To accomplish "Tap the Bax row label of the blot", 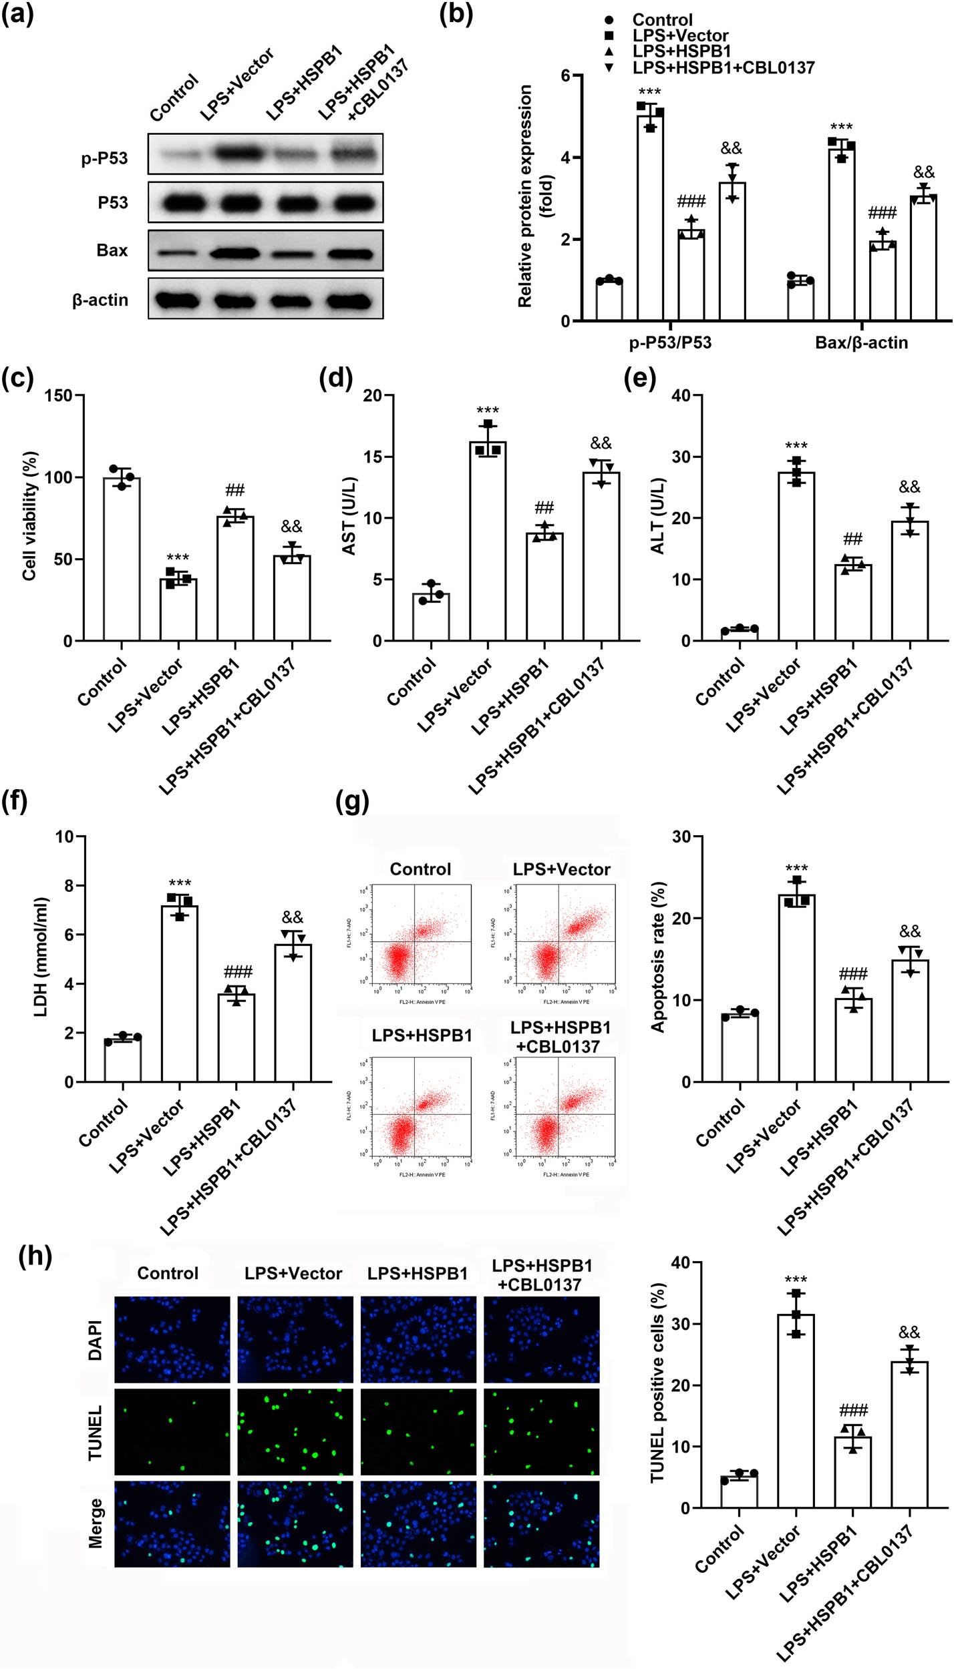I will tap(112, 250).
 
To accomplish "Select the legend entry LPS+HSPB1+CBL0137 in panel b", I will tap(723, 67).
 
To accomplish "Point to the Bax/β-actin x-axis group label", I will tap(861, 342).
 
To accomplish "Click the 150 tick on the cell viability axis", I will tap(59, 395).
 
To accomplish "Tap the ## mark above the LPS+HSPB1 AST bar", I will tap(544, 508).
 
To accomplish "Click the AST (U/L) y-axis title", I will tap(349, 516).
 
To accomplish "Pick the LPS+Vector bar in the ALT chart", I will tap(796, 557).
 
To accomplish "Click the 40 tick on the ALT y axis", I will tap(681, 395).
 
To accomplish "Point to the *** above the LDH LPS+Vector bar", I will tap(180, 884).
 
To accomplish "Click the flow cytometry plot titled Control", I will tap(422, 934).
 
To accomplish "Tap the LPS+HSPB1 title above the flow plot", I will tap(422, 1035).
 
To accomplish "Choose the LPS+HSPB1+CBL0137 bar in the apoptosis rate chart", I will tap(910, 1021).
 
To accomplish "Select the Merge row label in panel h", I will tap(96, 1523).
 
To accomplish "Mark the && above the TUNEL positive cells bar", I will tap(909, 1333).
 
